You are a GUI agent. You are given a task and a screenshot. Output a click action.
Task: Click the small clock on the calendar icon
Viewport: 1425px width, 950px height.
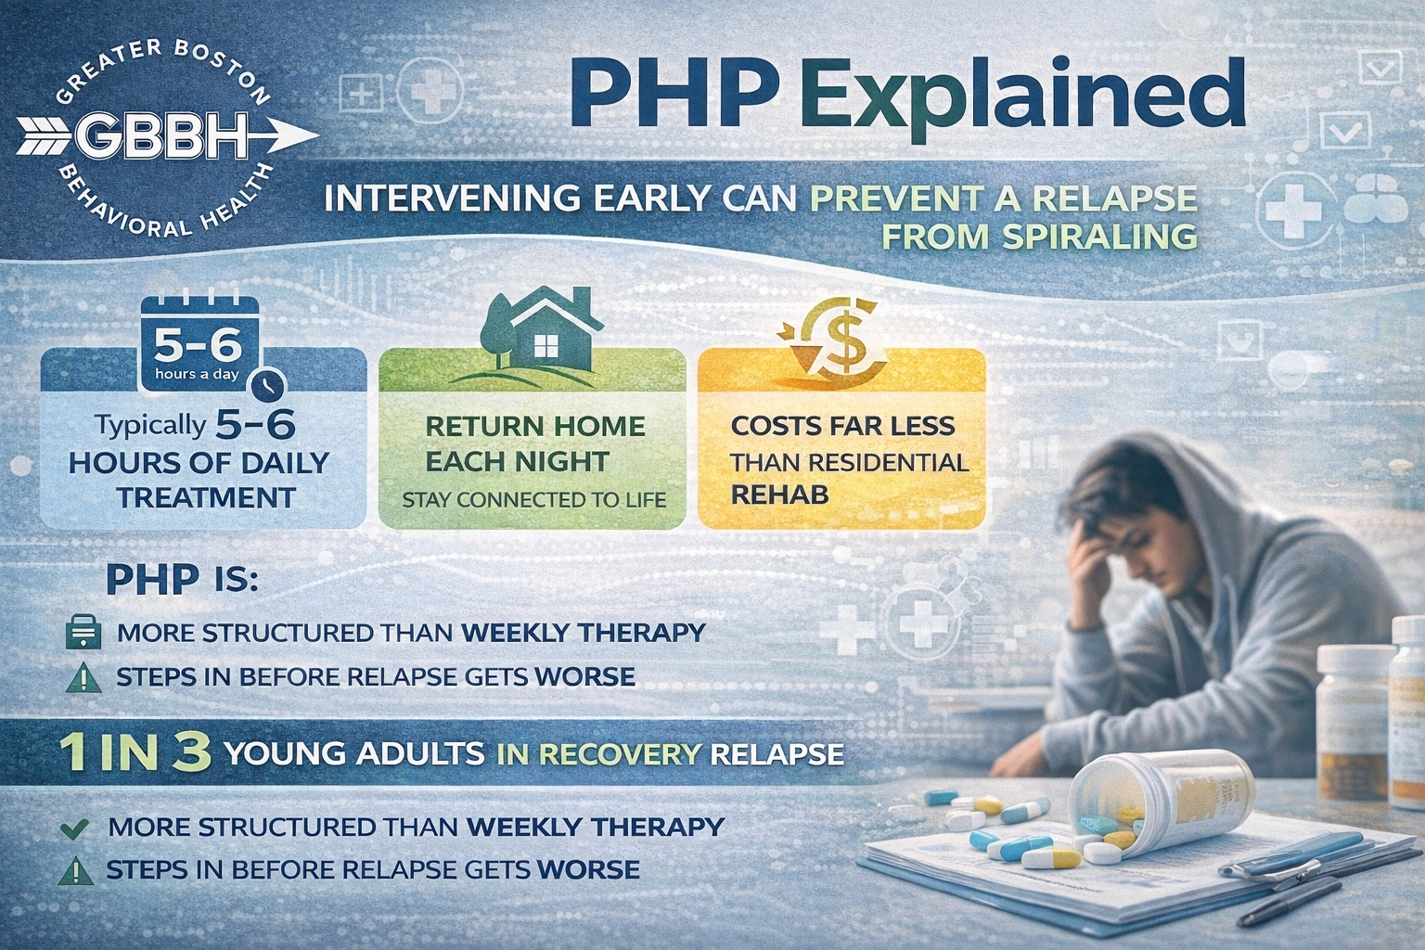(269, 383)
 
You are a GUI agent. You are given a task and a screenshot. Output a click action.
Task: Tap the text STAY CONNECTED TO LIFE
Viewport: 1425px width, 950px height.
(533, 500)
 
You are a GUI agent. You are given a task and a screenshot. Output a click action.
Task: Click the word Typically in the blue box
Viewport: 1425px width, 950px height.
(149, 426)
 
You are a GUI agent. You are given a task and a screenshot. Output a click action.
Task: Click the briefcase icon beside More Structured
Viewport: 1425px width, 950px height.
(83, 635)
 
